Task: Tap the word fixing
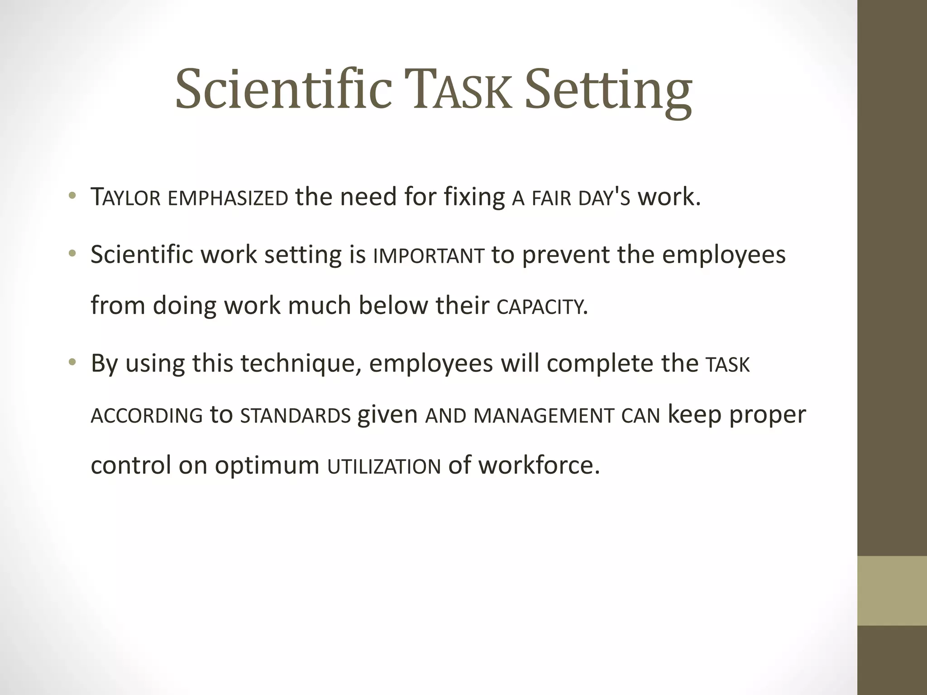[x=474, y=198]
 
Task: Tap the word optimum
[x=267, y=466]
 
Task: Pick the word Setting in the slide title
[x=608, y=91]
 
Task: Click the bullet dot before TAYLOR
[x=72, y=196]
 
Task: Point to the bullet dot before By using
[x=72, y=362]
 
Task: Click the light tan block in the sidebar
[x=892, y=590]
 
